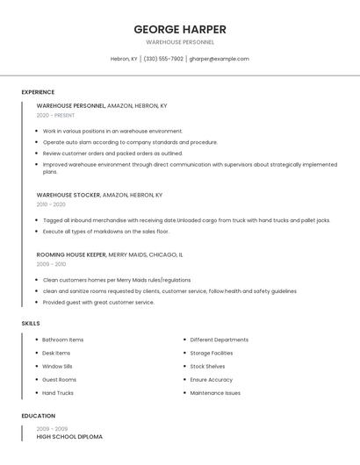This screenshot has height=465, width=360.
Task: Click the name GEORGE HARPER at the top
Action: pos(179,29)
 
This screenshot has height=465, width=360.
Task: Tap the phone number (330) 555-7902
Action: pos(163,59)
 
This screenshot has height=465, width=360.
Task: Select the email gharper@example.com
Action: pos(219,59)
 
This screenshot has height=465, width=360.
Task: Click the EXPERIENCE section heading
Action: pos(38,92)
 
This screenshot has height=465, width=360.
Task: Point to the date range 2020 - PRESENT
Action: pos(55,115)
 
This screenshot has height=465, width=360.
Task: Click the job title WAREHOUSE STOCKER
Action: pos(68,195)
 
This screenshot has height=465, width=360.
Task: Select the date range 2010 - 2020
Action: pos(51,204)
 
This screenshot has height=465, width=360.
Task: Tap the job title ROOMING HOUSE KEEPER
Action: pos(71,254)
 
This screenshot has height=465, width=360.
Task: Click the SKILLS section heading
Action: pos(31,324)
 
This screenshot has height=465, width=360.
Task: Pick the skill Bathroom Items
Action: pos(63,340)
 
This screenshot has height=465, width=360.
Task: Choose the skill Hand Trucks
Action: pos(59,393)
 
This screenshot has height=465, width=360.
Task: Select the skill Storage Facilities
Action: pos(211,353)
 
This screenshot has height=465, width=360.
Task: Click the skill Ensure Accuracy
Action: pos(211,380)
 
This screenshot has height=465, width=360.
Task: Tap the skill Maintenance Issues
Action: pos(215,393)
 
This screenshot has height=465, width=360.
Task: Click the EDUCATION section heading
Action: pos(38,416)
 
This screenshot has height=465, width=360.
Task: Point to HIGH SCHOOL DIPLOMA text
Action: pos(69,436)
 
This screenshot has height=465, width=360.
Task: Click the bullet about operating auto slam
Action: pos(130,142)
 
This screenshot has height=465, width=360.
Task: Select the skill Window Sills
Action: pos(58,366)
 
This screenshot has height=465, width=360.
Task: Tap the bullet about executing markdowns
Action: pos(105,232)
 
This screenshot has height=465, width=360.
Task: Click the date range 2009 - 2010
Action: pos(51,264)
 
